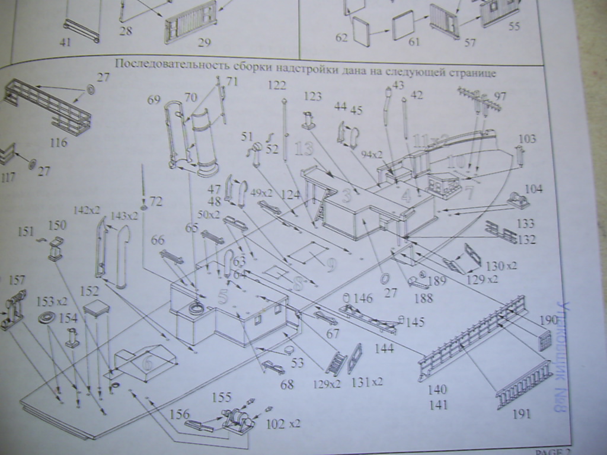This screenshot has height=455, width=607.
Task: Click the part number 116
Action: [59, 143]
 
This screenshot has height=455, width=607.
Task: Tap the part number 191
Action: [521, 414]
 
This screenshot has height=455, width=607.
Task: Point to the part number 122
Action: [276, 85]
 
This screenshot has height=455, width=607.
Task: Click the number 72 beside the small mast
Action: [155, 202]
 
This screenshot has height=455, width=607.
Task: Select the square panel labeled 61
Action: [403, 25]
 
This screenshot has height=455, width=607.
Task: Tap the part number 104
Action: [534, 189]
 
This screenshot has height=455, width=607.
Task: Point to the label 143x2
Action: [123, 216]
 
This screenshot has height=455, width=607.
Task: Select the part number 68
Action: [287, 384]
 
